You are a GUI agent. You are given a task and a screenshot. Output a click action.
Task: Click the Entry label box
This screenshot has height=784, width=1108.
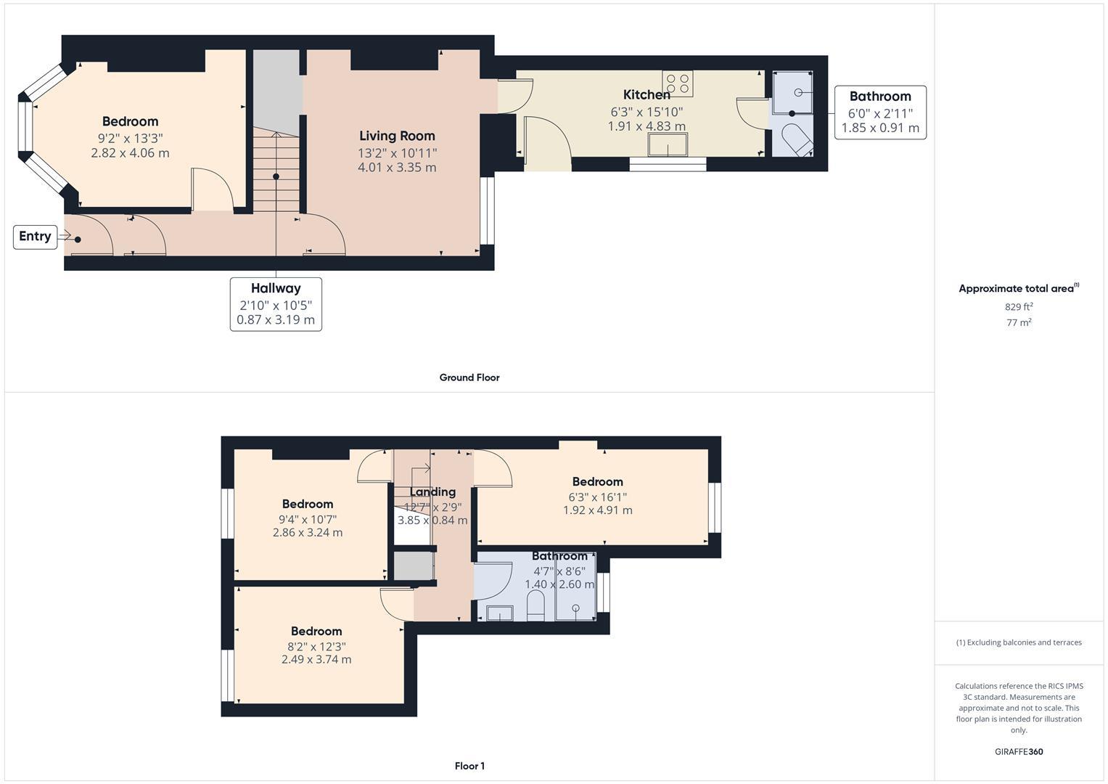coord(35,237)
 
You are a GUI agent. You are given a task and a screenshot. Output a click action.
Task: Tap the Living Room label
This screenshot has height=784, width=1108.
coord(397,136)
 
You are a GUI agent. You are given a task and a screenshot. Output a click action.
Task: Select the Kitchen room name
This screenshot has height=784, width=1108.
coord(647,94)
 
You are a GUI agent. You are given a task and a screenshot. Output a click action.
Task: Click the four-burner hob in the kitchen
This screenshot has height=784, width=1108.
coord(678,83)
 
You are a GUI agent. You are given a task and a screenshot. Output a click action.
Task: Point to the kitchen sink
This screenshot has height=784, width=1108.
coord(668,144)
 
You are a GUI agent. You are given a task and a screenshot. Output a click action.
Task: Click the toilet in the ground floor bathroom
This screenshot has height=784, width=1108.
coord(797,139)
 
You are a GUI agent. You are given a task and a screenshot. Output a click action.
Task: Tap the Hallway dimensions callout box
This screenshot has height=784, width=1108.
coord(276,304)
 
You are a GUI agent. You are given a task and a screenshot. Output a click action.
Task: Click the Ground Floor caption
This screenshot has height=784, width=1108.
coord(469,377)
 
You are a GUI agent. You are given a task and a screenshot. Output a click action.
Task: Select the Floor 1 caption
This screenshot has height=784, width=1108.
coord(469,766)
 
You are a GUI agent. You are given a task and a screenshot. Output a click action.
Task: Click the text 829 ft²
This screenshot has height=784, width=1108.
coord(1019,306)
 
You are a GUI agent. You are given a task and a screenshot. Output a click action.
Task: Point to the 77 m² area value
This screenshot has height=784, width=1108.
coord(1019,323)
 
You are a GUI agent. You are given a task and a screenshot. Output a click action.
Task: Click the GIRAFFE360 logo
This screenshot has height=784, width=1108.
coord(1019,752)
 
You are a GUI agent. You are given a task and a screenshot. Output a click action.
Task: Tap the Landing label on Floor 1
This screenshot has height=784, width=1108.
coord(432,492)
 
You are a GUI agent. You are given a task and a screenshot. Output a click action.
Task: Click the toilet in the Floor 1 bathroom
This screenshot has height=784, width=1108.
coord(535,606)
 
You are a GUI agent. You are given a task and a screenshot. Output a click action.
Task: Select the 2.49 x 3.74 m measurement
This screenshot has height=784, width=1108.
coord(316,660)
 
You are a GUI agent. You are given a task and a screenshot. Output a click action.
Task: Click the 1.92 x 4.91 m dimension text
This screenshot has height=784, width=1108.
coord(597,510)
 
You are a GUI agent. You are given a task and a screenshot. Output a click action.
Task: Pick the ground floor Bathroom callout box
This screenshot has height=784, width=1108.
coord(880,113)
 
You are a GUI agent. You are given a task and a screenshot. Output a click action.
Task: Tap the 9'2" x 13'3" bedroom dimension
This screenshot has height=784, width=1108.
coord(130,138)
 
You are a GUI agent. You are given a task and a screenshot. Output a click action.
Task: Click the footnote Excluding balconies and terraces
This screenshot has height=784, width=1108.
coord(1019,642)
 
